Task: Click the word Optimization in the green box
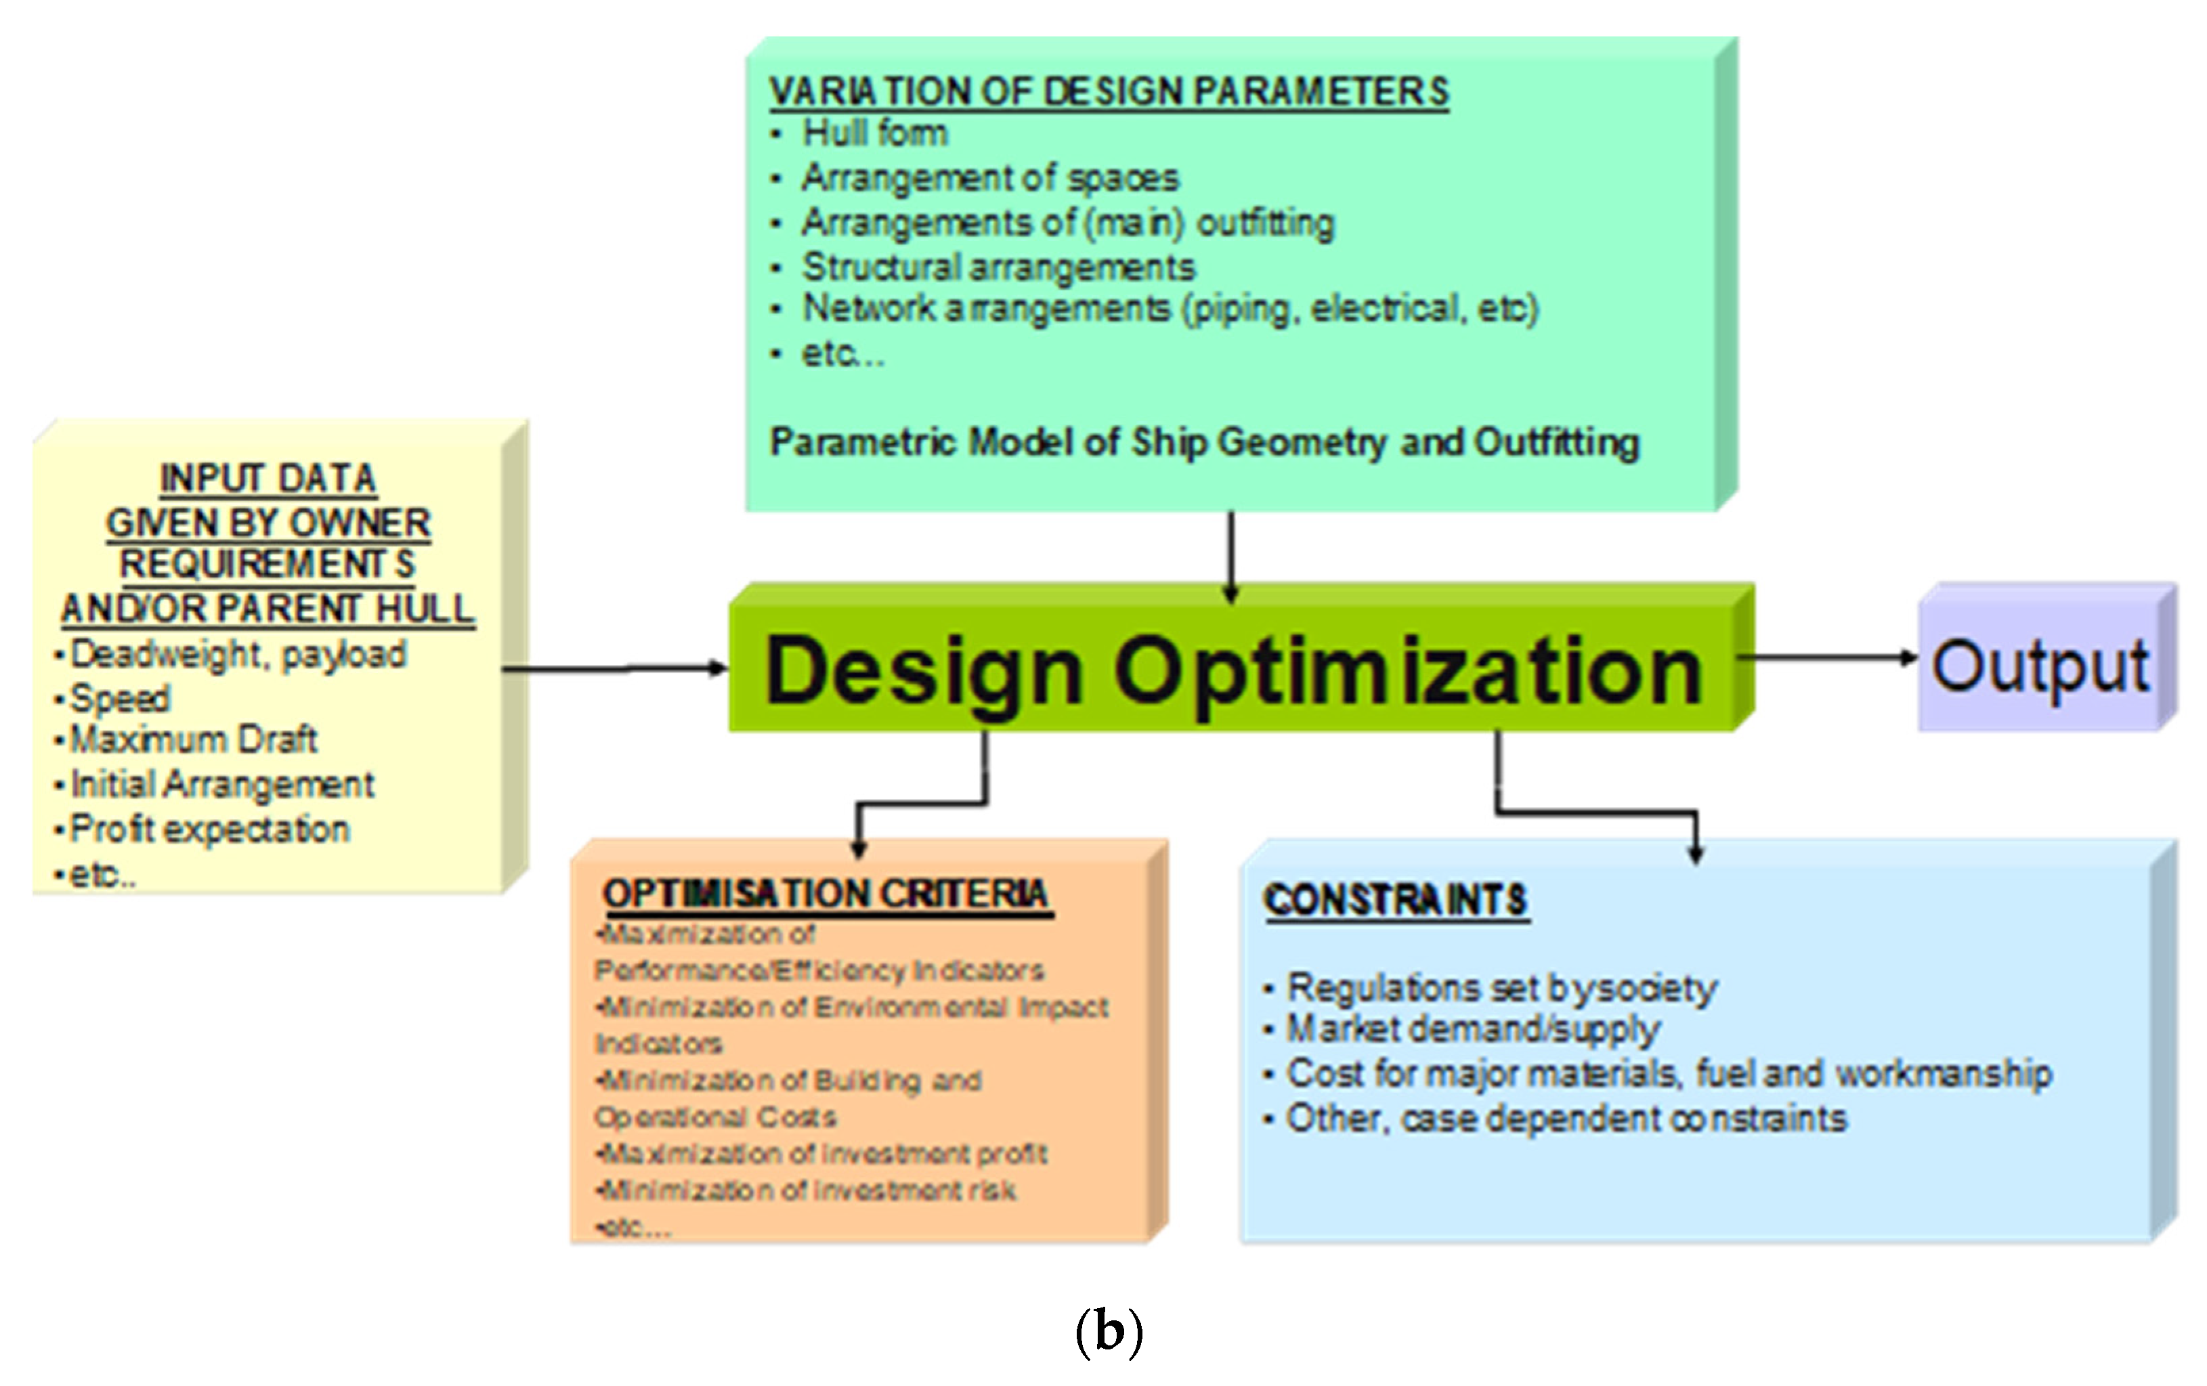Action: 1407,671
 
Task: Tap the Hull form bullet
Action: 874,134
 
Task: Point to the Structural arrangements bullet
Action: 998,267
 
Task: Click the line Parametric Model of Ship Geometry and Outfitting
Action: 1203,442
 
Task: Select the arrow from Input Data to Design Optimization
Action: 614,669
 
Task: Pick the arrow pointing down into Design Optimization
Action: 1231,555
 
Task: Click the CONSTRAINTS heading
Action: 1395,900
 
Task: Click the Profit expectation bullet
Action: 210,829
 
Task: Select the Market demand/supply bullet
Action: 1473,1029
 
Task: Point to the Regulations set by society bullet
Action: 1501,988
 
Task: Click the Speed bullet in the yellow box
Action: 120,699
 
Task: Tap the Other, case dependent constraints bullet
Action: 1566,1119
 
